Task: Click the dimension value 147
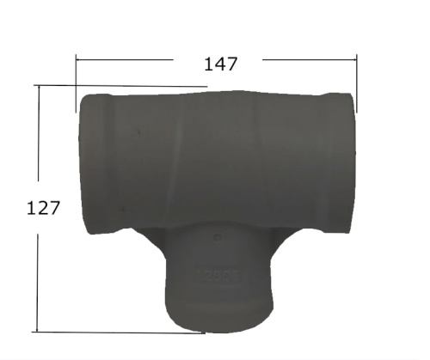220,63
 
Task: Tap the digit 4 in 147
220,63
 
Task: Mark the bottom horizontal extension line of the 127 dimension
112,332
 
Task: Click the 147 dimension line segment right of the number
310,59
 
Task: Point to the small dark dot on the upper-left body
138,132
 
